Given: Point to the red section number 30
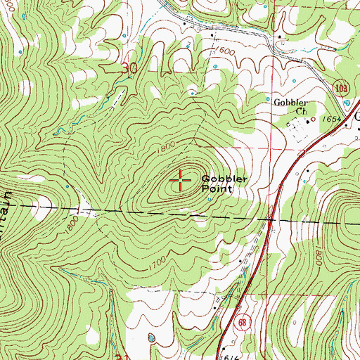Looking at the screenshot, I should tap(127, 68).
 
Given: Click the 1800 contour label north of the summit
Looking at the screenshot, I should tap(168, 148).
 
